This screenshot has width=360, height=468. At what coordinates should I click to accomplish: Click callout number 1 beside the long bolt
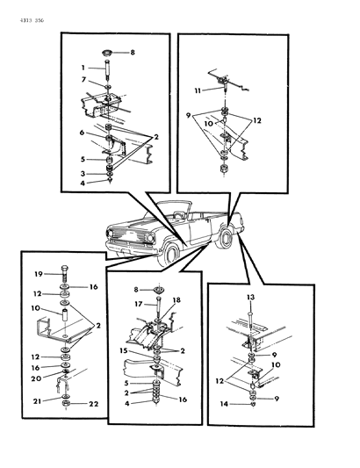pos(84,68)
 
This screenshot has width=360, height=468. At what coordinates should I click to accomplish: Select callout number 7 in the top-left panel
pos(84,80)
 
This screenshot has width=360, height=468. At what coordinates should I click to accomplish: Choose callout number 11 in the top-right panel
pos(198,90)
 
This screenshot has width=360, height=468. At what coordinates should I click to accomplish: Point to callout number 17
pos(139,305)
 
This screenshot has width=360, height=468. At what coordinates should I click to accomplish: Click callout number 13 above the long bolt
pos(250,298)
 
